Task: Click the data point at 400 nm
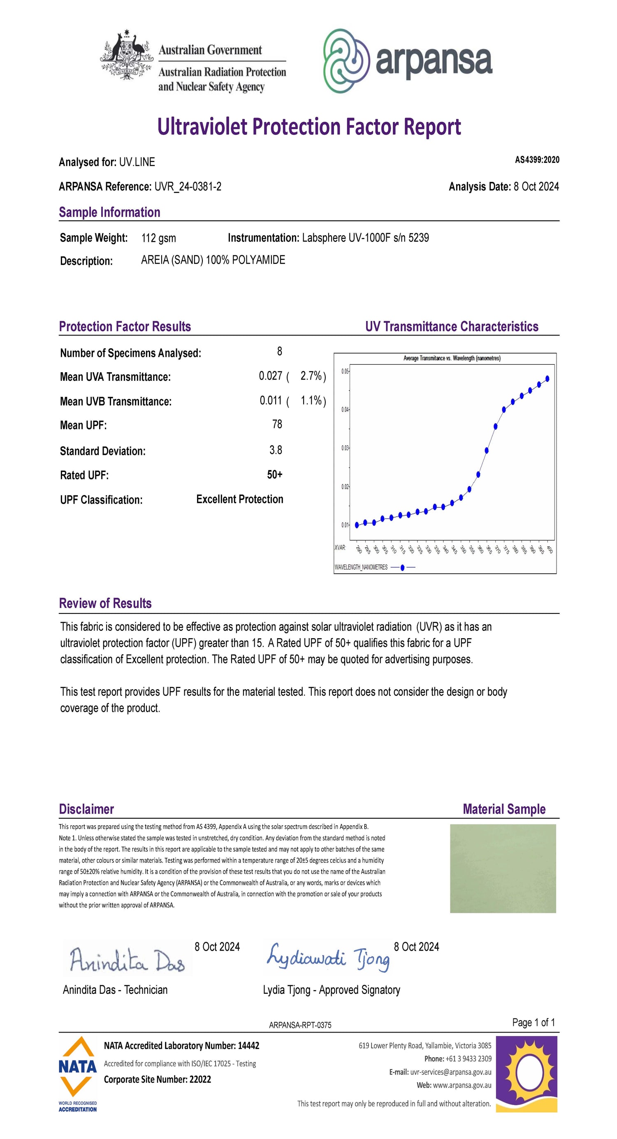[x=547, y=378]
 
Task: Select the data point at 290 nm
[x=357, y=525]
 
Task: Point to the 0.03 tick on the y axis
[x=345, y=448]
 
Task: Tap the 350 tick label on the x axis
[x=463, y=550]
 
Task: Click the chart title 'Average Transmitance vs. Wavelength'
[x=452, y=358]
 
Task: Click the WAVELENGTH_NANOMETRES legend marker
[x=402, y=567]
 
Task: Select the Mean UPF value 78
[x=277, y=424]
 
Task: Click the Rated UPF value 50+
[x=275, y=475]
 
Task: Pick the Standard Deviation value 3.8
[x=276, y=450]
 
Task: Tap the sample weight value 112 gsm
[x=158, y=238]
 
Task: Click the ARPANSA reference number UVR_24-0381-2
[x=188, y=187]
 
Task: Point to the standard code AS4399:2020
[x=536, y=160]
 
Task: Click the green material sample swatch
[x=503, y=868]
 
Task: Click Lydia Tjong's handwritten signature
[x=328, y=957]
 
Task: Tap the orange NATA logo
[x=78, y=1067]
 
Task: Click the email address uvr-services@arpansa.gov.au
[x=451, y=1072]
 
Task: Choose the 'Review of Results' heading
[x=105, y=604]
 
